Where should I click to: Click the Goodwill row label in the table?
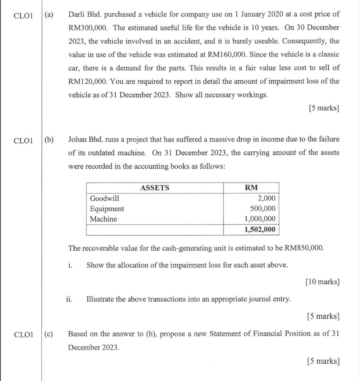pyautogui.click(x=104, y=198)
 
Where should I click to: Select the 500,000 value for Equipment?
pyautogui.click(x=263, y=209)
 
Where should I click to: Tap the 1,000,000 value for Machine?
pyautogui.click(x=260, y=219)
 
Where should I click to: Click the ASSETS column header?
pyautogui.click(x=155, y=188)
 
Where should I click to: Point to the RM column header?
pyautogui.click(x=251, y=188)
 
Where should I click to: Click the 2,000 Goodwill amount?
pyautogui.click(x=266, y=198)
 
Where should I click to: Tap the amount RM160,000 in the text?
pyautogui.click(x=228, y=55)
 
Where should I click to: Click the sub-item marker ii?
pyautogui.click(x=69, y=299)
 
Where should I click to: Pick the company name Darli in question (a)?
pyautogui.click(x=76, y=15)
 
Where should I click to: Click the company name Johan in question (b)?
pyautogui.click(x=77, y=139)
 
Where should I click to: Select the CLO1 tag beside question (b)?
pyautogui.click(x=23, y=140)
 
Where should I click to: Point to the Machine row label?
pyautogui.click(x=103, y=219)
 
